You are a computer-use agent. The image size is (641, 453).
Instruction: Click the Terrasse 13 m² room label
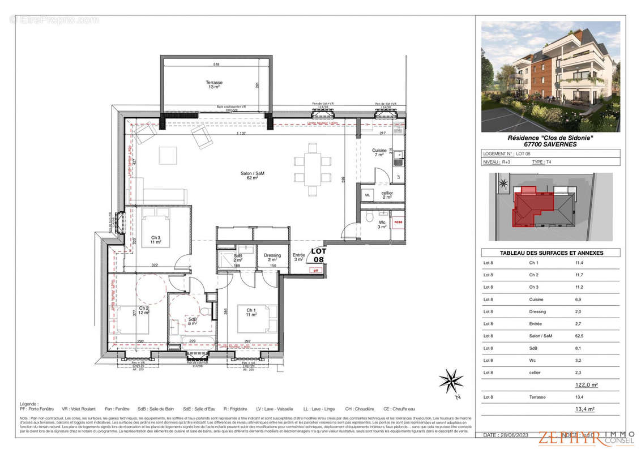(213, 85)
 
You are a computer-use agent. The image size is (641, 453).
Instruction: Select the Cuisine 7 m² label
(379, 152)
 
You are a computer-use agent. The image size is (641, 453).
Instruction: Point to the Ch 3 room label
(156, 240)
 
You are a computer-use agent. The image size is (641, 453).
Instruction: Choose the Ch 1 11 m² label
(250, 311)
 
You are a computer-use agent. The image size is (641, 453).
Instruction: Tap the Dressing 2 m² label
(272, 258)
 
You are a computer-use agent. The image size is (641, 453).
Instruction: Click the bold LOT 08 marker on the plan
(319, 255)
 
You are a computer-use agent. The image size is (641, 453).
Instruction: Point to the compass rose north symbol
(451, 381)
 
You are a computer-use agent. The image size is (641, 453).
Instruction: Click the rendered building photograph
(550, 76)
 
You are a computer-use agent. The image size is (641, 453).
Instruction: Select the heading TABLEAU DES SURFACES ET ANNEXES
(550, 253)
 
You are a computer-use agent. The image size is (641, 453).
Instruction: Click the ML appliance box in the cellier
(367, 195)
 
